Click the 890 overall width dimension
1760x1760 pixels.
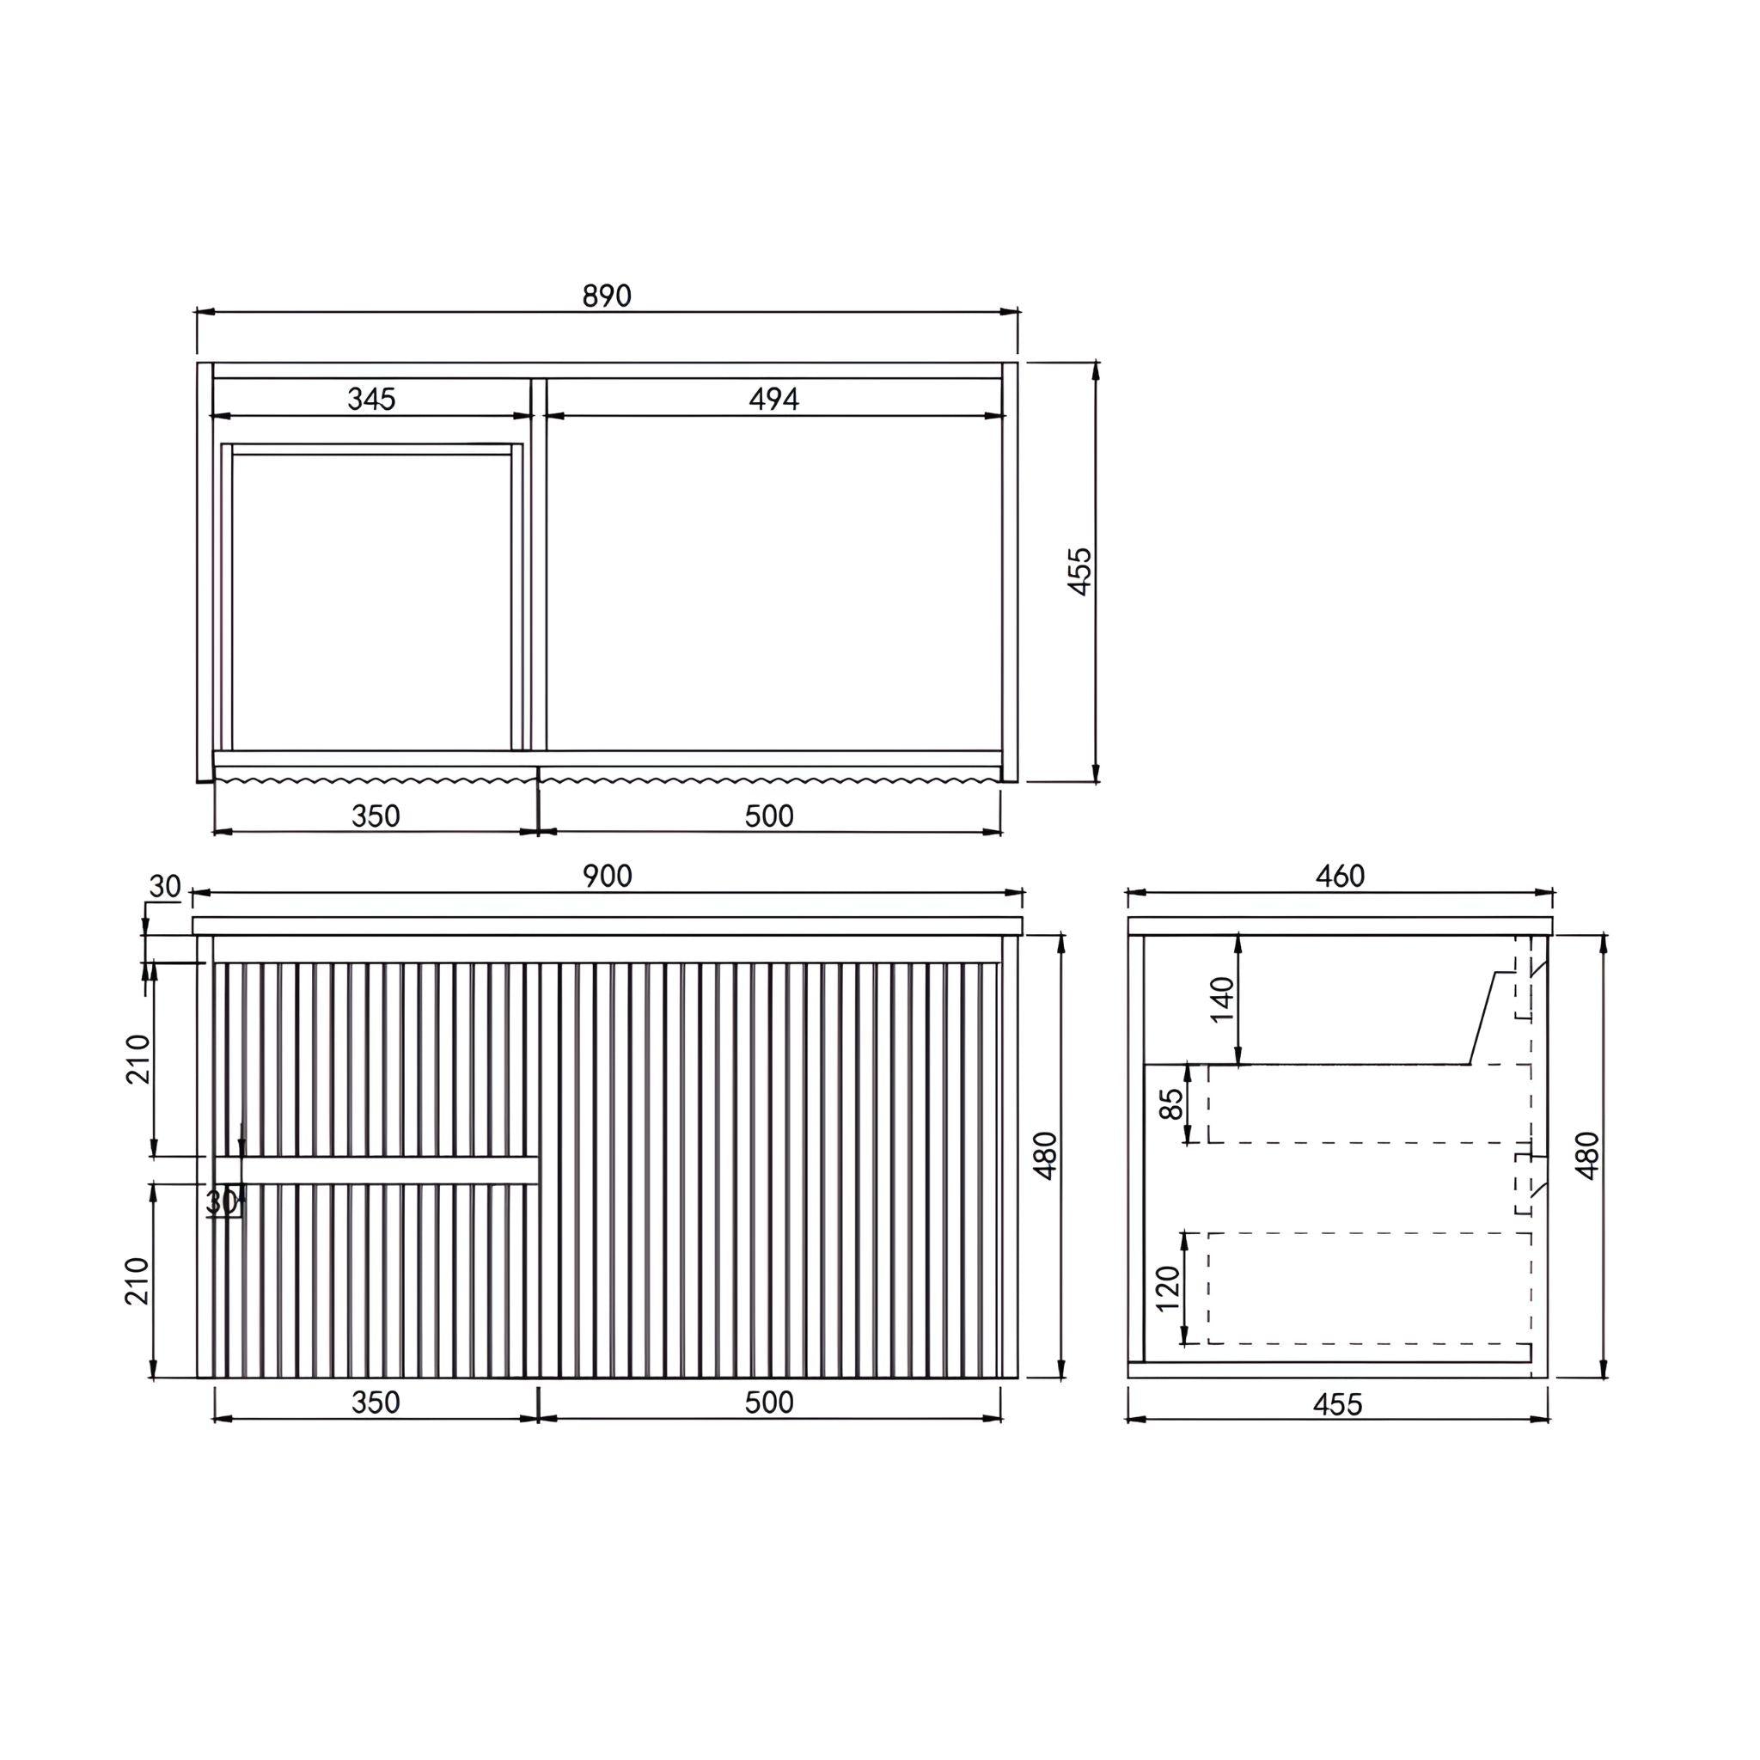(607, 296)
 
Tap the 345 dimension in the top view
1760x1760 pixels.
(371, 399)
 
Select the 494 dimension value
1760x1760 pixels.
(773, 399)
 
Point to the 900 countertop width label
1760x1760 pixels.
(607, 876)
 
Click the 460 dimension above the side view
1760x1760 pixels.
(1340, 876)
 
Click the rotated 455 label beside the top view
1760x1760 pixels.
(1079, 571)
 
